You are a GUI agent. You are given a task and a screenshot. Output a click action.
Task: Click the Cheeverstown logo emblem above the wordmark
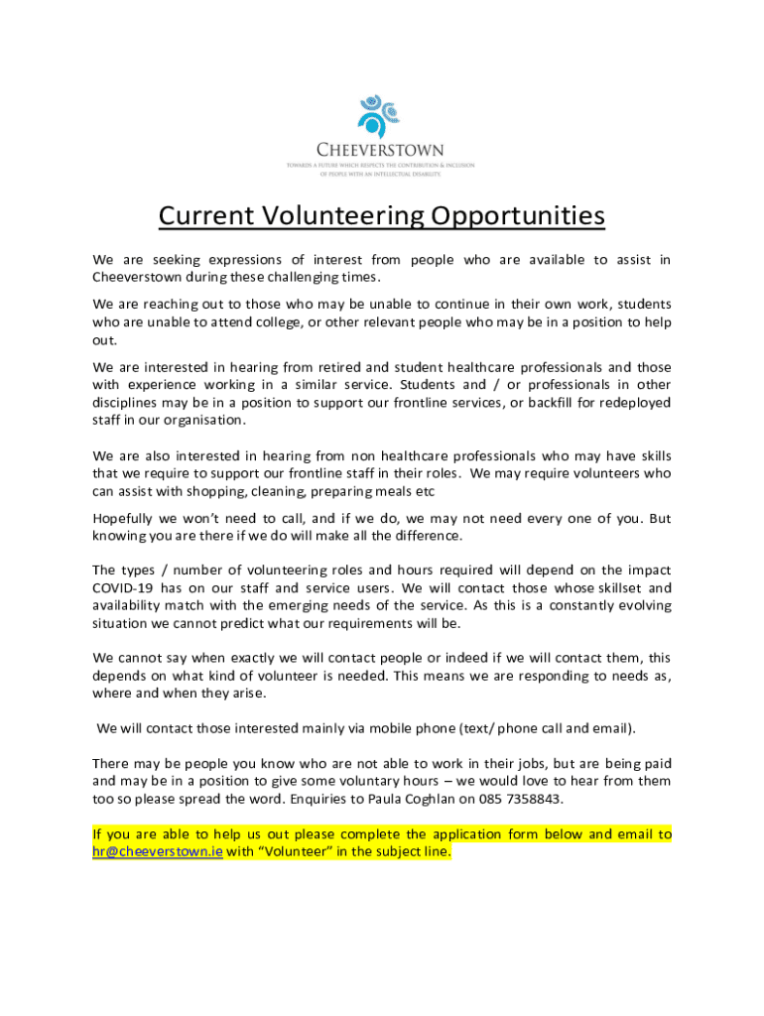380,115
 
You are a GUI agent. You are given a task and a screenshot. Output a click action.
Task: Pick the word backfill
558,402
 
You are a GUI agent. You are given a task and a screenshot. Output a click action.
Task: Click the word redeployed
636,402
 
